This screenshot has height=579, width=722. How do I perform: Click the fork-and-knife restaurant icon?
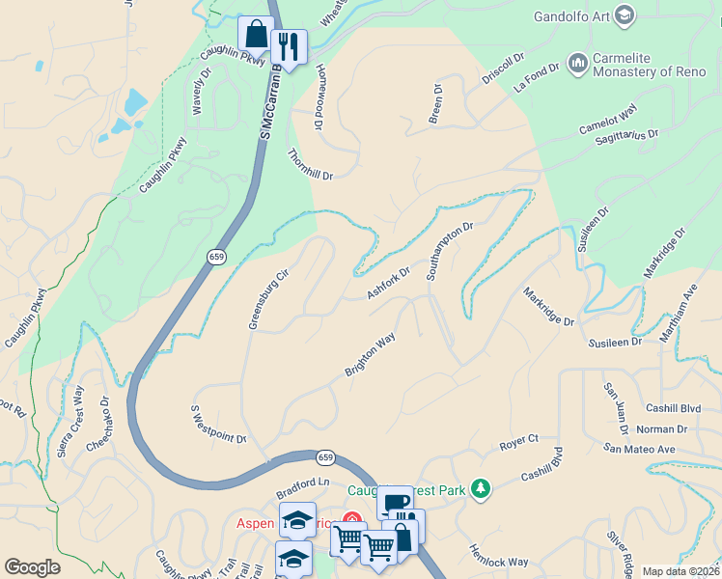[x=289, y=45]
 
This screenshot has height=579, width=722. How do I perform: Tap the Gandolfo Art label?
[x=573, y=15]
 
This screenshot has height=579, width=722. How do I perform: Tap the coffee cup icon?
[x=395, y=504]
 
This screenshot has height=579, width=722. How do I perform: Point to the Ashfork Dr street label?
[x=389, y=282]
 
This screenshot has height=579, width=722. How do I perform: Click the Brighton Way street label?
[x=371, y=355]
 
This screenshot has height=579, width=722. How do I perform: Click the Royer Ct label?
[x=518, y=443]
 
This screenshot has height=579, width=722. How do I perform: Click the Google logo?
[x=32, y=567]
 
